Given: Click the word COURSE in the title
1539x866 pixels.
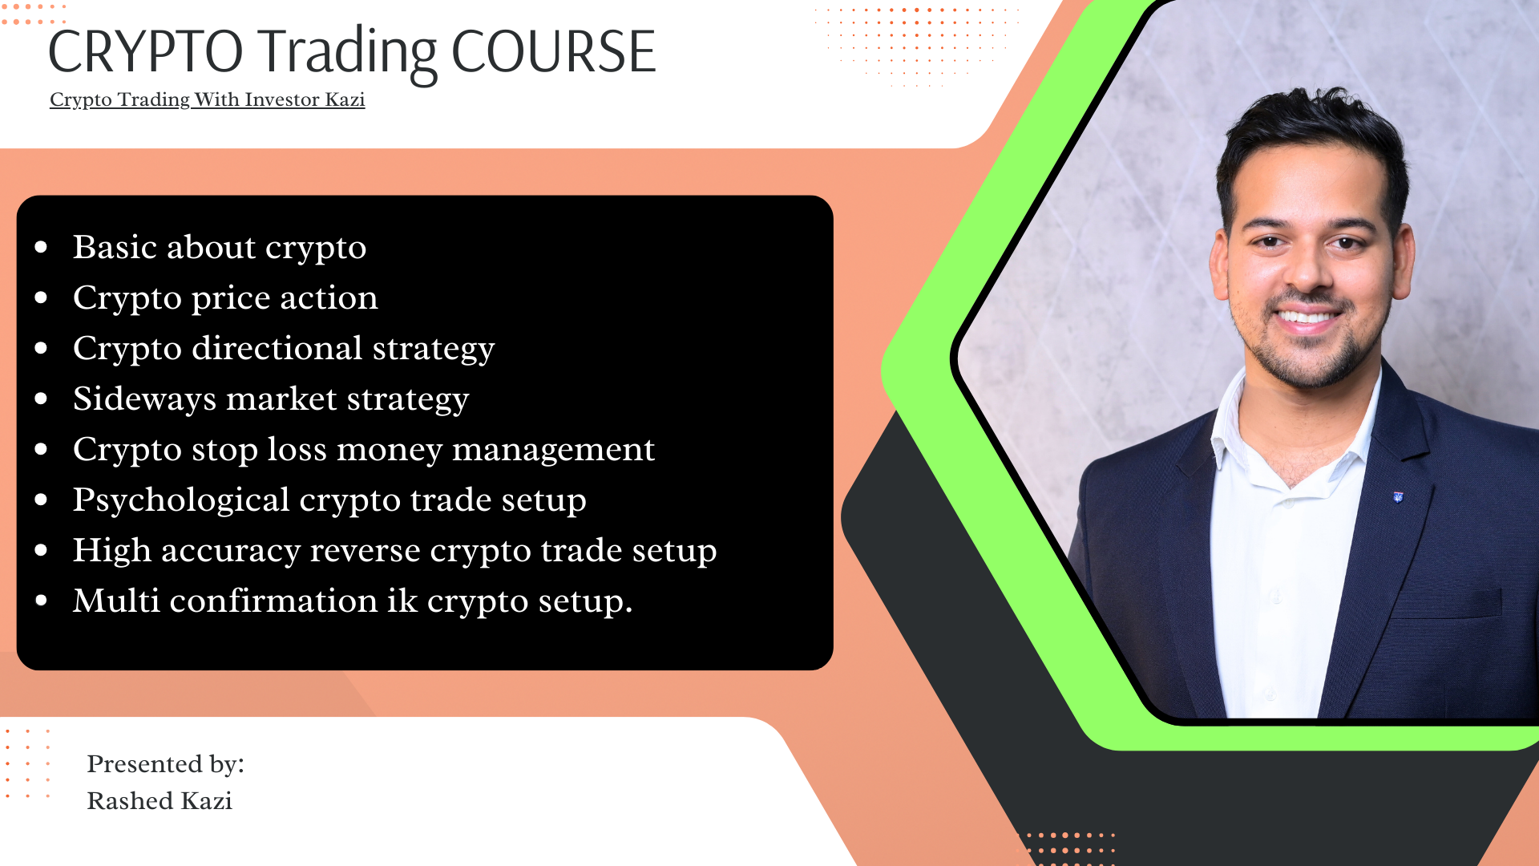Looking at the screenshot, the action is point(553,52).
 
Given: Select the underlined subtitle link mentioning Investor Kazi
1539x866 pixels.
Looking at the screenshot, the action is point(207,99).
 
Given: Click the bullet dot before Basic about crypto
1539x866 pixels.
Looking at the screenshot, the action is point(42,247).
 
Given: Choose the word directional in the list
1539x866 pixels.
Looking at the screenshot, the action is point(277,348).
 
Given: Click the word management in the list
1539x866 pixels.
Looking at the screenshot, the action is point(553,451).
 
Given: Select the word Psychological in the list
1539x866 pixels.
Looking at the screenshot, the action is point(181,500).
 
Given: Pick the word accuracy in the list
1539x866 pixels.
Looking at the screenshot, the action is point(231,552).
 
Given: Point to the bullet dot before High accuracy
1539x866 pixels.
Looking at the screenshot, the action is point(42,550).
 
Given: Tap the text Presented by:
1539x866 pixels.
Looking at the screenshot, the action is point(165,765).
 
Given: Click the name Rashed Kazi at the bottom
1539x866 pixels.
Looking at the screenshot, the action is point(160,801).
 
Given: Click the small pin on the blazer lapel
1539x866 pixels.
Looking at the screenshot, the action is point(1399,497).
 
